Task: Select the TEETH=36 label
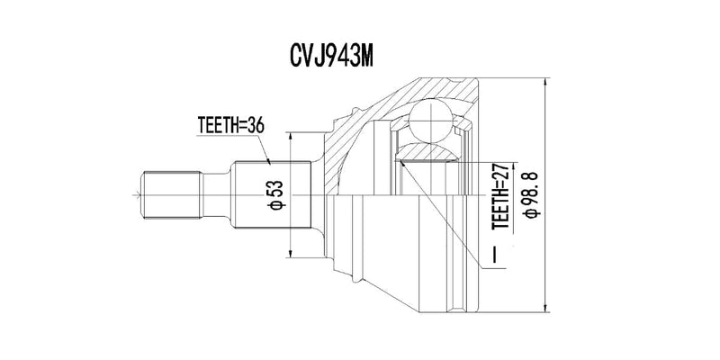click(229, 127)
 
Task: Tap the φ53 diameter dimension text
click(277, 195)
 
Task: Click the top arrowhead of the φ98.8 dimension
click(546, 82)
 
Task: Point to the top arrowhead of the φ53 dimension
click(290, 137)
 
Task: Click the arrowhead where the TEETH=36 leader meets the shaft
click(270, 163)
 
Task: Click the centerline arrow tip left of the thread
click(135, 193)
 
